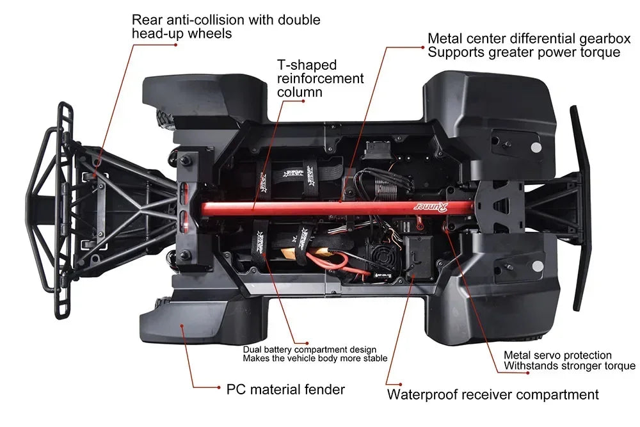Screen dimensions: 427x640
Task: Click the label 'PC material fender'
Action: click(285, 389)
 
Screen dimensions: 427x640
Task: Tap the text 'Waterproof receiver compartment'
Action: click(493, 394)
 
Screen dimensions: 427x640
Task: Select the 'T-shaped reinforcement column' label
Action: click(320, 78)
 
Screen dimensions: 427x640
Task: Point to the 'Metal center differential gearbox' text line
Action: click(529, 39)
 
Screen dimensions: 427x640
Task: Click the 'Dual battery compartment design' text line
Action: click(310, 350)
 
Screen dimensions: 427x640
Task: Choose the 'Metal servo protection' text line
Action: click(557, 355)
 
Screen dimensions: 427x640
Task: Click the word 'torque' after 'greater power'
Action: click(598, 52)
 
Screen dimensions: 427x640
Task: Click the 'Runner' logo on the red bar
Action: click(424, 206)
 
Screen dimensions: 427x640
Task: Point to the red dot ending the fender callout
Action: click(182, 325)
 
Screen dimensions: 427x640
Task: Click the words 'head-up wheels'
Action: click(182, 33)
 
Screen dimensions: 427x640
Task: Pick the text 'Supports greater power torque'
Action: click(524, 52)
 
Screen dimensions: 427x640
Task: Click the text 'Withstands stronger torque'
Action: click(570, 366)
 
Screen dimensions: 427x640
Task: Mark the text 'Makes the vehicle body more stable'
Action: click(315, 359)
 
